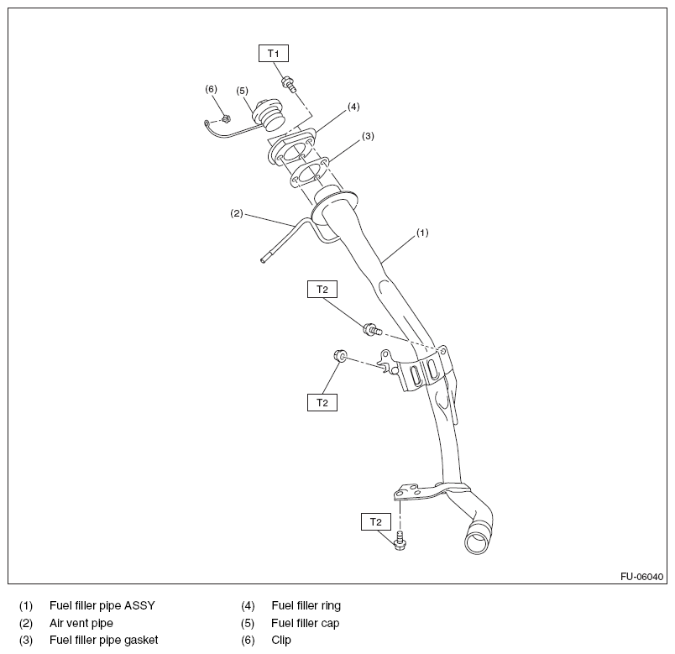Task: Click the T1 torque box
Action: pyautogui.click(x=273, y=54)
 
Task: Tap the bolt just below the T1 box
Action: pyautogui.click(x=288, y=85)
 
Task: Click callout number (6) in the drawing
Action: pyautogui.click(x=211, y=88)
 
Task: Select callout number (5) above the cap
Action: pyautogui.click(x=242, y=91)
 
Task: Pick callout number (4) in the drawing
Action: pyautogui.click(x=353, y=107)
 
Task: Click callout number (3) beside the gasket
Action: pyautogui.click(x=368, y=135)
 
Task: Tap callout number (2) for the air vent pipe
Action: pyautogui.click(x=237, y=213)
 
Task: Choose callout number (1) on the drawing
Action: pyautogui.click(x=422, y=232)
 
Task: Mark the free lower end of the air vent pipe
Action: pyautogui.click(x=263, y=260)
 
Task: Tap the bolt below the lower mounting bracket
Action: pyautogui.click(x=400, y=542)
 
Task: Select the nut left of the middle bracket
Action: pyautogui.click(x=340, y=356)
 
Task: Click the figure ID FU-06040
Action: pyautogui.click(x=642, y=577)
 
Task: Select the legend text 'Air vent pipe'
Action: pyautogui.click(x=81, y=623)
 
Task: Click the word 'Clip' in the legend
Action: pyautogui.click(x=281, y=640)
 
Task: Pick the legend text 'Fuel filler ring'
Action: pyautogui.click(x=306, y=604)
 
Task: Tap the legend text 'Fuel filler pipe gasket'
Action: pyautogui.click(x=103, y=640)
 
